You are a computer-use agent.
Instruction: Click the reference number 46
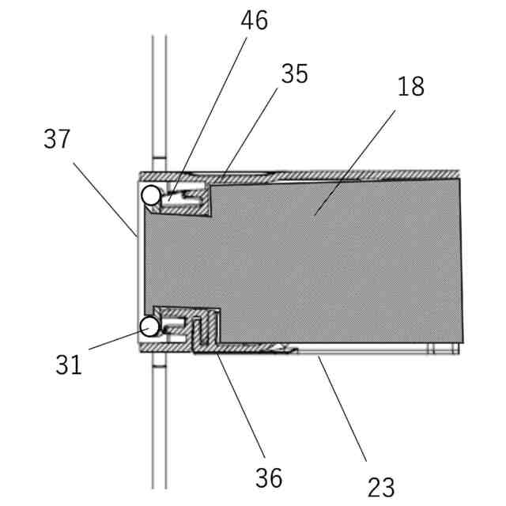(254, 21)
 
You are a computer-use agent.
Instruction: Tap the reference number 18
(410, 86)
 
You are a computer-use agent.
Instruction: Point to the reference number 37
(57, 140)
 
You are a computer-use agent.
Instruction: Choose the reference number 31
(69, 365)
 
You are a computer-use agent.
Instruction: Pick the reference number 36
(269, 477)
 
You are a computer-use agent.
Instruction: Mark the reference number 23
(380, 486)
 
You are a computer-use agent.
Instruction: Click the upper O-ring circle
(150, 194)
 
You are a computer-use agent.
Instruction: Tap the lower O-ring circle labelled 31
(149, 326)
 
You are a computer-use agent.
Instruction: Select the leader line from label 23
(342, 407)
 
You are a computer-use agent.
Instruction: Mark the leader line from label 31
(115, 338)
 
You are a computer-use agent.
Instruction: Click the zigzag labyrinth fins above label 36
(204, 330)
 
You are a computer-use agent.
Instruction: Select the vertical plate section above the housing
(159, 95)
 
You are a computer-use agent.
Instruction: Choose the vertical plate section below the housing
(159, 427)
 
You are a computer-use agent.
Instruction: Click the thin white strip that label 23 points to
(364, 349)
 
